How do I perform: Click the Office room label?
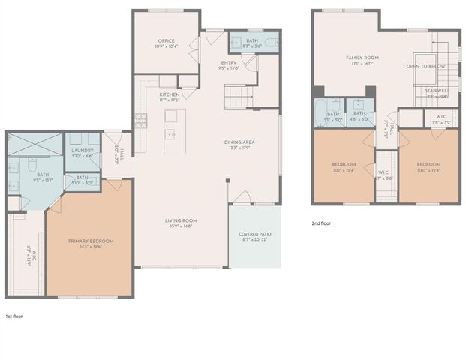[x=166, y=40]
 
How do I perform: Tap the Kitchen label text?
[x=169, y=94]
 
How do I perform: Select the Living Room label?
[x=181, y=220]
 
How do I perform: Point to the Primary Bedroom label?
[x=91, y=241]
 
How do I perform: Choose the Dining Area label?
[x=239, y=142]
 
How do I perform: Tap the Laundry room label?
[x=83, y=150]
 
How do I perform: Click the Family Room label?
[x=362, y=58]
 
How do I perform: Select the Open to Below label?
[x=425, y=66]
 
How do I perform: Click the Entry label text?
[x=229, y=63]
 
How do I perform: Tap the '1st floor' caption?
[x=14, y=316]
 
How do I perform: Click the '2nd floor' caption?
[x=320, y=223]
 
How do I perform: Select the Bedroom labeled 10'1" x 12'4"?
[x=343, y=164]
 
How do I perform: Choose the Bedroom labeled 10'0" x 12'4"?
[x=428, y=164]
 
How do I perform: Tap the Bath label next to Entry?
[x=252, y=40]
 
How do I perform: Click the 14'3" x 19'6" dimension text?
[x=91, y=247]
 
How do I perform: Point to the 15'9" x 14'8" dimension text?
[x=181, y=226]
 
